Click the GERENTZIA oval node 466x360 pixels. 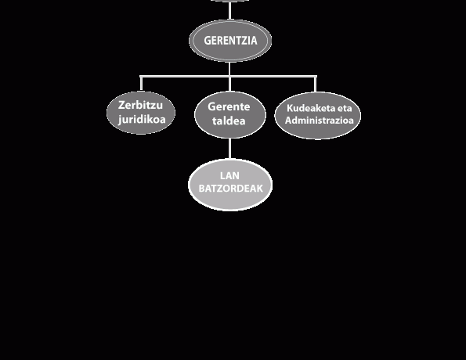click(230, 41)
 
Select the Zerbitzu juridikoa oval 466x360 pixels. click(141, 113)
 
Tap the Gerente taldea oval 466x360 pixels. click(229, 114)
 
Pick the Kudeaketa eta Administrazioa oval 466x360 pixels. click(318, 115)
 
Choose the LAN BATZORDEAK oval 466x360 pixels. click(230, 185)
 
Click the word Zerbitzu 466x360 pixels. click(140, 105)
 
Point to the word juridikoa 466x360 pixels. click(142, 120)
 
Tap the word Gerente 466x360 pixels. click(229, 106)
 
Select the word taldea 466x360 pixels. click(229, 121)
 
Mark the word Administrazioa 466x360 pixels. click(320, 121)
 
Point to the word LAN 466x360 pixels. click(229, 175)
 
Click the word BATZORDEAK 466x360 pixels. click(230, 189)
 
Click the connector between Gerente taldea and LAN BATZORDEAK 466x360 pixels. click(229, 149)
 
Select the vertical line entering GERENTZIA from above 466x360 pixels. click(229, 10)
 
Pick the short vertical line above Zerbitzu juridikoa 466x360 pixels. click(141, 84)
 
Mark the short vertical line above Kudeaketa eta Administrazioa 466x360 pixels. click(316, 84)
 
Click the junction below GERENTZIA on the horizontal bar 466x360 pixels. click(229, 77)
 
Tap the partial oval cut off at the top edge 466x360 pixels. click(229, 1)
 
